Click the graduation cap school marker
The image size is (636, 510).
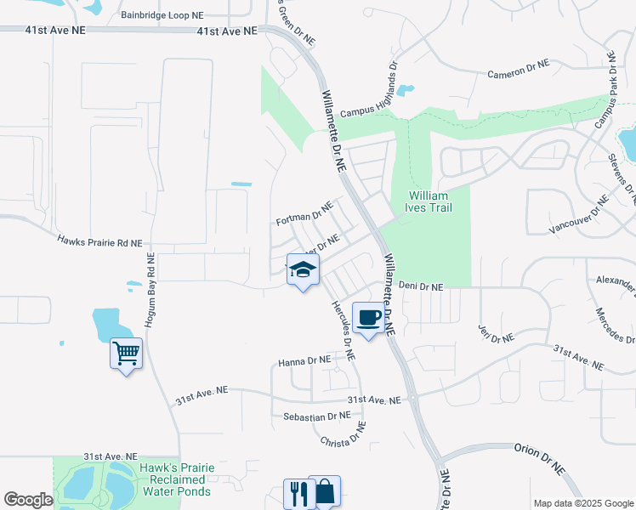point(303,270)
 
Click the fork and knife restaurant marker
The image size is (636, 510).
point(298,492)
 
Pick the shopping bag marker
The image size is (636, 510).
point(325,491)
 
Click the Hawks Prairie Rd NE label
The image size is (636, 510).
point(99,242)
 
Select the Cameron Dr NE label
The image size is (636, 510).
point(519,69)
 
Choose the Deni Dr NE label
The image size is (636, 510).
point(421,287)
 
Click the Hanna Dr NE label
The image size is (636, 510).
point(304,361)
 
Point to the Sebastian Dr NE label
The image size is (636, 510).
point(317,416)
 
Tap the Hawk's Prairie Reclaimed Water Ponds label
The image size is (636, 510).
point(178,479)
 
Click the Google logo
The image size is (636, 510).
point(28,500)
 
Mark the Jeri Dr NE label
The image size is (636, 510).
point(497,332)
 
